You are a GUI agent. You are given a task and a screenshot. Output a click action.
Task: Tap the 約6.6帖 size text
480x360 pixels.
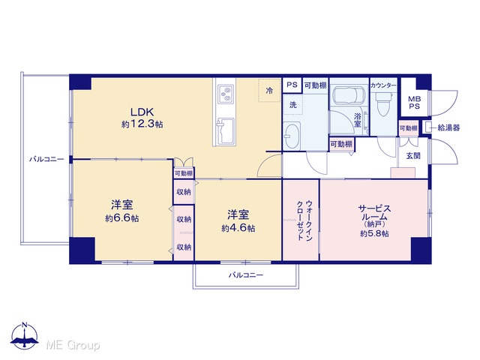(122, 218)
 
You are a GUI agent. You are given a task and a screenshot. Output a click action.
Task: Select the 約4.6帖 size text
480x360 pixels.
(238, 228)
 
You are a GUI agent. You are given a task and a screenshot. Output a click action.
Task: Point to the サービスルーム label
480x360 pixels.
(374, 213)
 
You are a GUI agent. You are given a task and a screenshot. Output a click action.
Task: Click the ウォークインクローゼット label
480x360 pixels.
(305, 220)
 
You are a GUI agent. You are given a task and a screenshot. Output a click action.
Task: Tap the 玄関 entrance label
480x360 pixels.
(413, 156)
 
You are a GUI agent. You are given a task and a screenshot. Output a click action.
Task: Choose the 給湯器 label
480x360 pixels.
(448, 127)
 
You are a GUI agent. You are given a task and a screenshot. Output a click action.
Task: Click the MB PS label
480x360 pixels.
(415, 103)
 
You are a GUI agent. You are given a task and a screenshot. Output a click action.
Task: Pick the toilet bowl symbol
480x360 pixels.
(383, 105)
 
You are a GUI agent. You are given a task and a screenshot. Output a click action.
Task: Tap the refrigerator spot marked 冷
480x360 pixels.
(269, 90)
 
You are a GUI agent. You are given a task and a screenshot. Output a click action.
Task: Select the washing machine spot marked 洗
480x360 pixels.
(293, 105)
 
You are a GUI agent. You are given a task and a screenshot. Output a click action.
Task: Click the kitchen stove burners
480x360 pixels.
(226, 94)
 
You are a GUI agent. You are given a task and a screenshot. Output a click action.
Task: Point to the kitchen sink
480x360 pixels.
(226, 130)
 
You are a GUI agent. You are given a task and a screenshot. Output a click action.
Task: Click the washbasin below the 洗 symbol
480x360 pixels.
(292, 136)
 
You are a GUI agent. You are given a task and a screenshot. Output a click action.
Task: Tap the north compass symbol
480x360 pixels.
(25, 335)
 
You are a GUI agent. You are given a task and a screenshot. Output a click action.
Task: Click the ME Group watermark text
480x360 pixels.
(73, 345)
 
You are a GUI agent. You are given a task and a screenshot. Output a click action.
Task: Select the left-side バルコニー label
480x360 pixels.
(46, 159)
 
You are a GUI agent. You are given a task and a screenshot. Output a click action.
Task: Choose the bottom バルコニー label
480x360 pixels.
(246, 275)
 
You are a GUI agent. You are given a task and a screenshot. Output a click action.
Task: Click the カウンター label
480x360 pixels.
(383, 85)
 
